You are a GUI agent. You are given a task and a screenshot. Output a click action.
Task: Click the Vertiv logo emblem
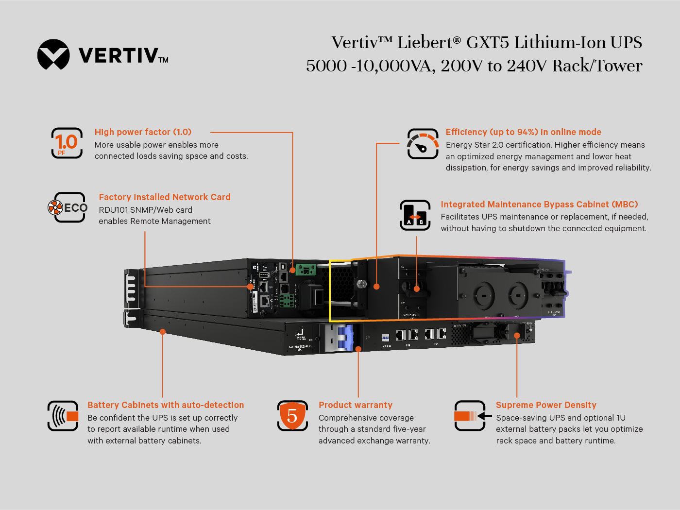[x=53, y=54]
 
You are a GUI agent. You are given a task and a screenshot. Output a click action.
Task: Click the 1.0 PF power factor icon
[x=67, y=143]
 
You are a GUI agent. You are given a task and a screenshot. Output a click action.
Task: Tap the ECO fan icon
[x=55, y=208]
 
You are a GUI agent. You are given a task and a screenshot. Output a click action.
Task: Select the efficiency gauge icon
[x=423, y=144]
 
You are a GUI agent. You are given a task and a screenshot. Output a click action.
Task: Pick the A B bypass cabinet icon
[x=415, y=215]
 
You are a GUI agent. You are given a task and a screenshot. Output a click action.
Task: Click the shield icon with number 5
[x=292, y=416]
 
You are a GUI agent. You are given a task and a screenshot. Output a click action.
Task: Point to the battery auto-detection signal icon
[x=63, y=416]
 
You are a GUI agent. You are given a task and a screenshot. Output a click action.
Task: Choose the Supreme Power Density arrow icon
[x=470, y=416]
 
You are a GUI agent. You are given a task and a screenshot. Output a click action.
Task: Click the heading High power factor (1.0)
[x=143, y=132]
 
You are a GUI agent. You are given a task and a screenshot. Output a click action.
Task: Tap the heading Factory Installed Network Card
[x=165, y=197]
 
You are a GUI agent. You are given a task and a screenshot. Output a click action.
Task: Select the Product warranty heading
[x=355, y=405]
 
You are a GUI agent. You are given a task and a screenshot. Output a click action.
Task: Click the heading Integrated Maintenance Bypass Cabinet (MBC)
[x=539, y=204]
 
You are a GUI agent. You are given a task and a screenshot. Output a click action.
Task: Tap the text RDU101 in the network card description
[x=114, y=210]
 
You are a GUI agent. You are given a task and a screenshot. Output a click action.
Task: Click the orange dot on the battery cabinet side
[x=163, y=332]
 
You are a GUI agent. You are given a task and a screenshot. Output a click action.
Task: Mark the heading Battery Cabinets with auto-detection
[x=166, y=405]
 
